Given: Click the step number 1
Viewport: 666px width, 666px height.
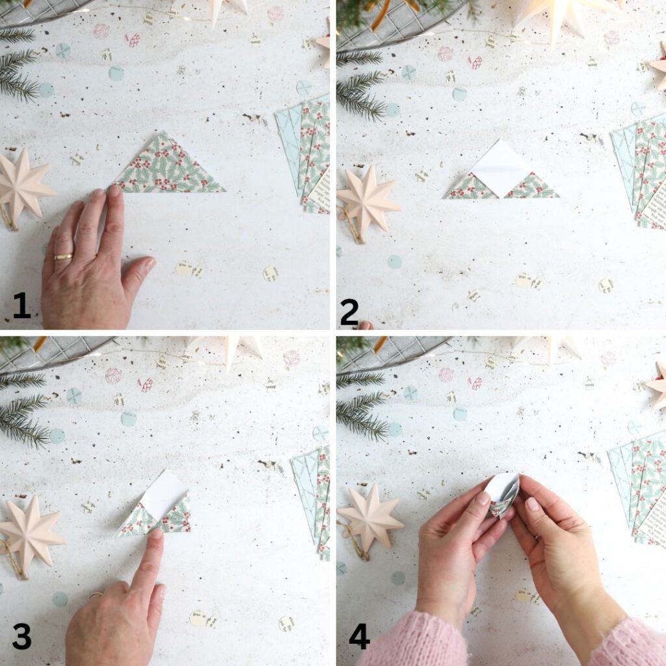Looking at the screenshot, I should [x=21, y=305].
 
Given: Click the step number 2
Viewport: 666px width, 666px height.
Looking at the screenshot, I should [x=349, y=313].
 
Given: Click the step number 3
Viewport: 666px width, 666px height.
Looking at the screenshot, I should [x=21, y=637].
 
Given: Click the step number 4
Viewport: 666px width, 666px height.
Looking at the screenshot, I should [x=359, y=637].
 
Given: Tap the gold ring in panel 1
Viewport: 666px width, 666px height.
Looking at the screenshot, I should [x=63, y=257].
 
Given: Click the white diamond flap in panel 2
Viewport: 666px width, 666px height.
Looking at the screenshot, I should [x=501, y=167].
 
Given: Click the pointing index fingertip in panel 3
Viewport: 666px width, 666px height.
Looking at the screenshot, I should [x=156, y=537].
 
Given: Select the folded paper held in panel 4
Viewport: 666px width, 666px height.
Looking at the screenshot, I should [x=503, y=494].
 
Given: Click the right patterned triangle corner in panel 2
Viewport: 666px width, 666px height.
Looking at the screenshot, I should [x=531, y=187].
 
